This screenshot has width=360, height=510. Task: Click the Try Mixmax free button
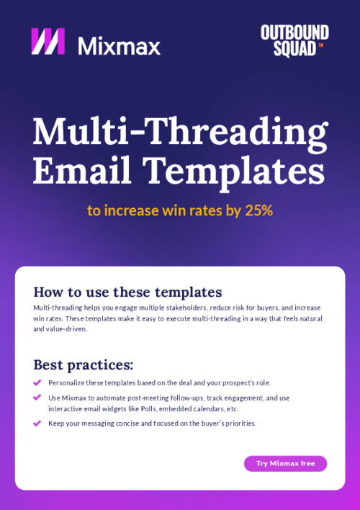click(x=285, y=463)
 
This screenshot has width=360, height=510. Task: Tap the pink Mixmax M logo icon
click(x=48, y=42)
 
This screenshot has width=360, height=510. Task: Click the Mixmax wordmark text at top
click(x=119, y=45)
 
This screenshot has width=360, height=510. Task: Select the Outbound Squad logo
click(x=294, y=40)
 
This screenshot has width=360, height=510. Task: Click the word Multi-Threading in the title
click(x=180, y=132)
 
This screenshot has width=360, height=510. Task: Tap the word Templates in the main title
click(x=233, y=171)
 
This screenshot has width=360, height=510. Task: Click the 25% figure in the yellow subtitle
click(x=258, y=210)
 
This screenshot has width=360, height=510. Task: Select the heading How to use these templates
click(x=127, y=292)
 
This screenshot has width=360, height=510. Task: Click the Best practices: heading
click(x=84, y=364)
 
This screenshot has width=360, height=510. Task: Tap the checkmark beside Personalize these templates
click(x=37, y=382)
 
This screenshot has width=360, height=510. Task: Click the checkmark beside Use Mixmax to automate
click(x=37, y=397)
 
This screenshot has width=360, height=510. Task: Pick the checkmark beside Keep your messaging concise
click(x=37, y=423)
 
